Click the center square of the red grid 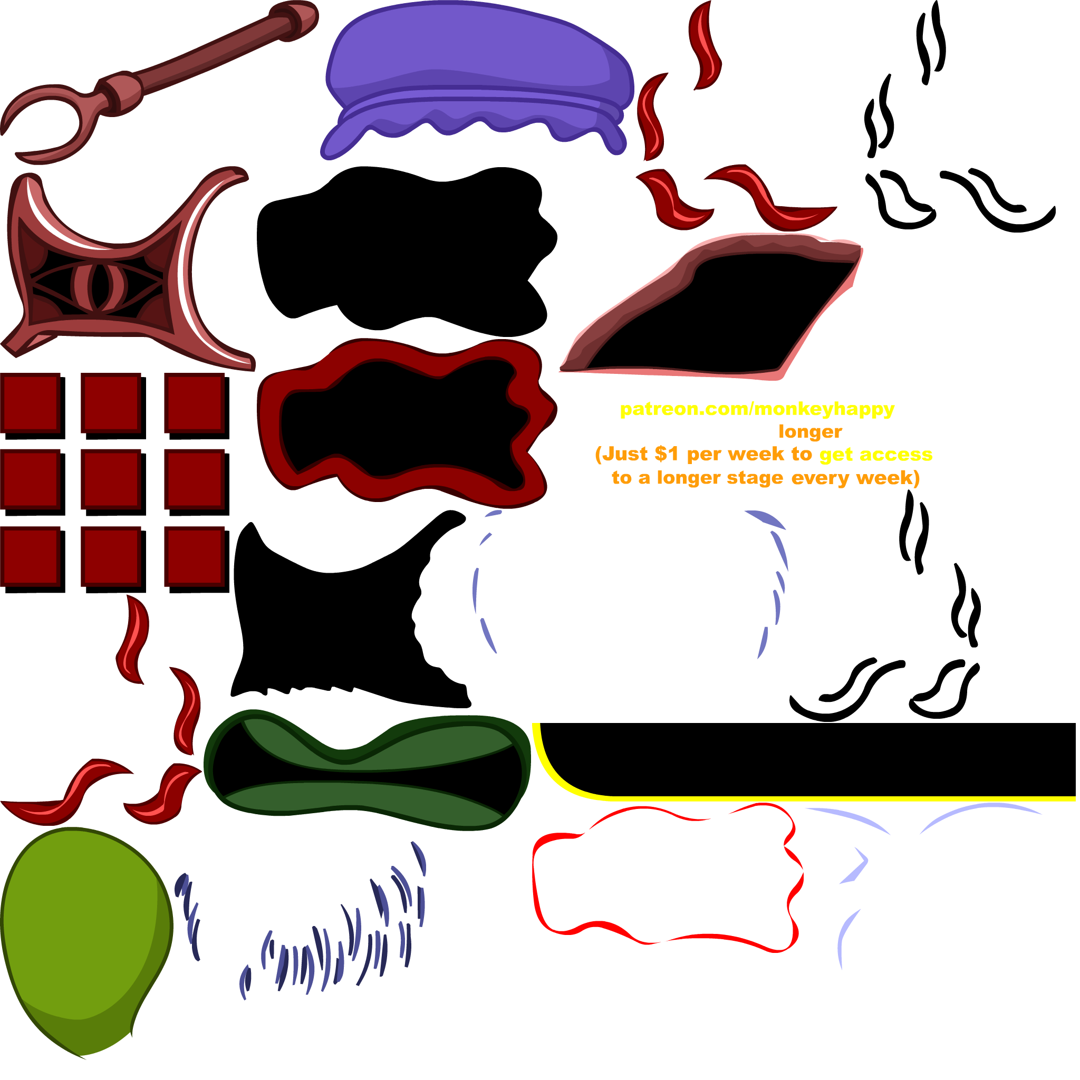click(111, 478)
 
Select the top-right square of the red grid click(194, 402)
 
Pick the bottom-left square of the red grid click(30, 556)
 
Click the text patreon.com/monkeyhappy click(757, 409)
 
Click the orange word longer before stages click(810, 431)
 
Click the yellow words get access click(875, 454)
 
